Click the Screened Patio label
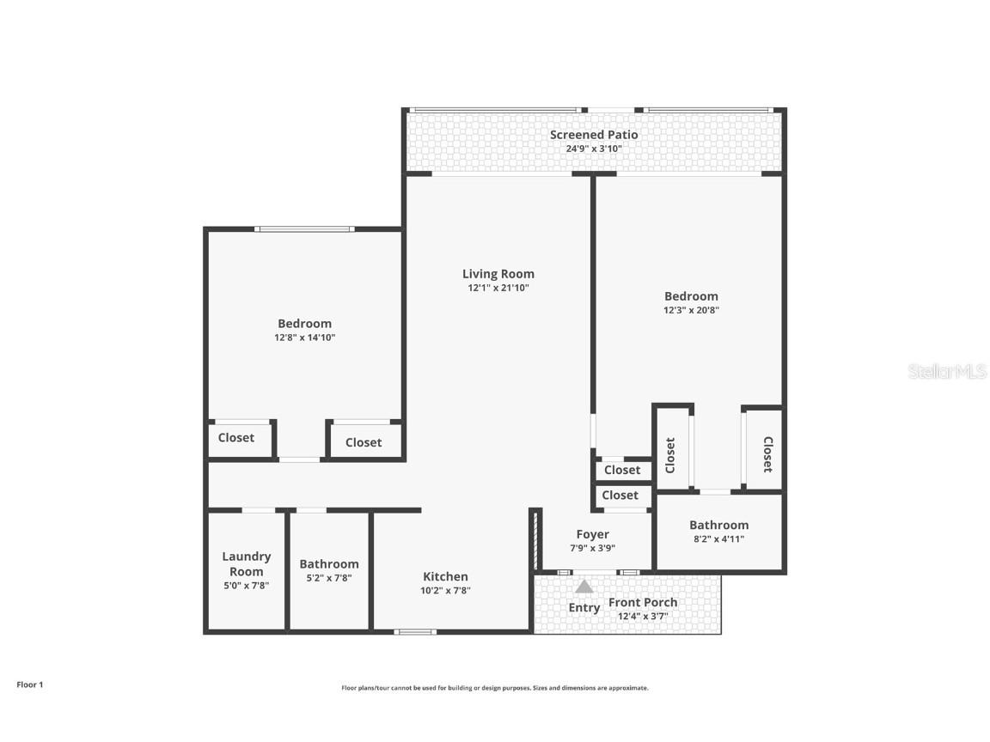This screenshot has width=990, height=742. (594, 135)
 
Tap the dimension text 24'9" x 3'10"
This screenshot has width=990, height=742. (594, 149)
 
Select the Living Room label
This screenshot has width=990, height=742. (498, 274)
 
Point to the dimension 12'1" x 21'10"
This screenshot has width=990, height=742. (498, 289)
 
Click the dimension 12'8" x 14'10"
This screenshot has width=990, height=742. (304, 338)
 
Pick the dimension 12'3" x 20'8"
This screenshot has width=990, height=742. (691, 311)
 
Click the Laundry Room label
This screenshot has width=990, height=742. (246, 564)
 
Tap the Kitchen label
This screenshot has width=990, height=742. (445, 576)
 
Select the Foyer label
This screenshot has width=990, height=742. (592, 534)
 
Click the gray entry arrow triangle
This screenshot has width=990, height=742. (584, 587)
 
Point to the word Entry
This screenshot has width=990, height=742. (584, 608)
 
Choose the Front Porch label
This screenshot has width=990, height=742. (643, 602)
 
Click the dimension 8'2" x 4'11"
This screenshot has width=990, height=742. (718, 539)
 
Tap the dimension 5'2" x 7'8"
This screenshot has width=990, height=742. (329, 578)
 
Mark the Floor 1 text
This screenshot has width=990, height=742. (29, 684)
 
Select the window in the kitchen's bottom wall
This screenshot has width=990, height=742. (415, 632)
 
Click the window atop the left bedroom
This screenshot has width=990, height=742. (304, 229)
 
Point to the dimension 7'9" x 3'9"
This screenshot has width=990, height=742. (592, 548)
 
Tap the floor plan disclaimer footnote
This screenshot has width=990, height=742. (495, 688)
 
